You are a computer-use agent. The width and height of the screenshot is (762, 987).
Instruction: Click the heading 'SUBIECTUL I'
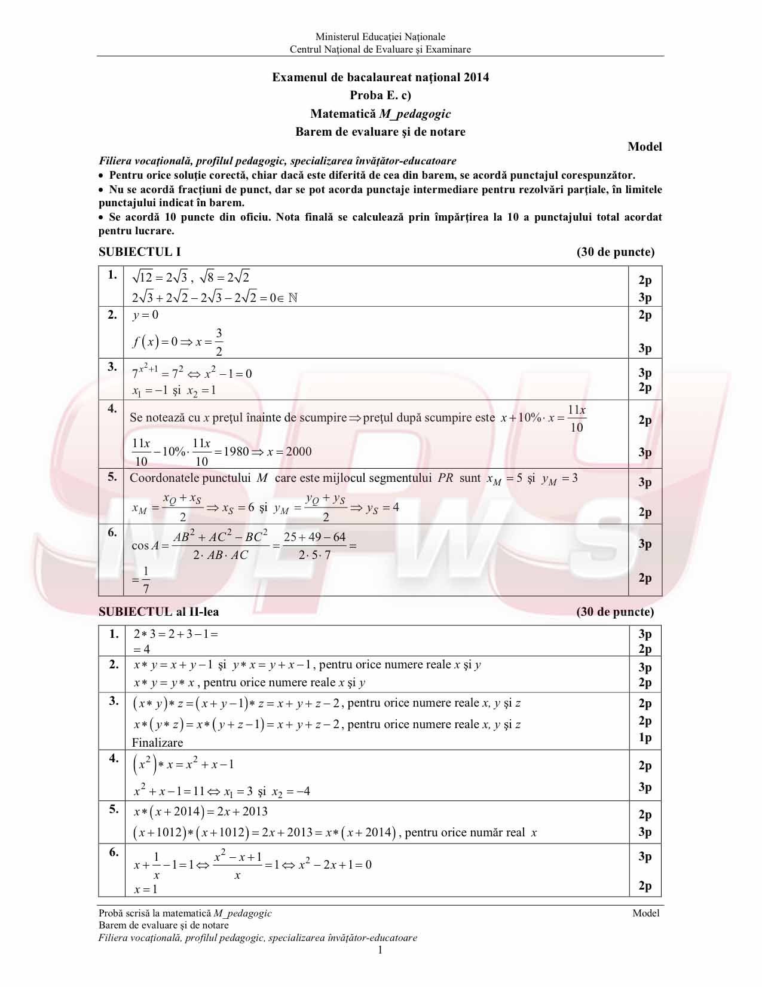[139, 252]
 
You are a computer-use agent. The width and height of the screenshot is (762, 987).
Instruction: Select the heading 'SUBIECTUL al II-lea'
[158, 612]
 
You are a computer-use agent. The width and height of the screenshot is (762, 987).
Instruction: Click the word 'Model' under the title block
[644, 146]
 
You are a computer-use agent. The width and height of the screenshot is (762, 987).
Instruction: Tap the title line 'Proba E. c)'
[380, 95]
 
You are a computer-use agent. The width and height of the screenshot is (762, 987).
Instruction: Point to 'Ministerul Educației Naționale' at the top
[380, 37]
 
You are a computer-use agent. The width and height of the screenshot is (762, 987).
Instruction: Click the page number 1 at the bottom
[380, 950]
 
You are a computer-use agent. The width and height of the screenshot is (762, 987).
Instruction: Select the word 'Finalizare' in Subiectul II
[157, 742]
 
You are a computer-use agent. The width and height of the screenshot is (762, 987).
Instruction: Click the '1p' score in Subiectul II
[645, 737]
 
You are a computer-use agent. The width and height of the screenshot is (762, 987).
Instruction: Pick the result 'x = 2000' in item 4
[289, 451]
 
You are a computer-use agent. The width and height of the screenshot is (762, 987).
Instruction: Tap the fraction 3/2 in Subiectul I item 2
[219, 342]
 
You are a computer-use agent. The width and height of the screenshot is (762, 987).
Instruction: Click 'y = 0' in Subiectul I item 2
[145, 315]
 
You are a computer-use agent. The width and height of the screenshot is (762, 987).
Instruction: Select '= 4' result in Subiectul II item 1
[142, 649]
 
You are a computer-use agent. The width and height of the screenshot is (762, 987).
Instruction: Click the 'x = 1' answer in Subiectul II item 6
[145, 889]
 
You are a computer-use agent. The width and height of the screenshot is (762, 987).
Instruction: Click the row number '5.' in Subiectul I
[112, 476]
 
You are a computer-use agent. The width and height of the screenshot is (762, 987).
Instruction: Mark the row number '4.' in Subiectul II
[114, 758]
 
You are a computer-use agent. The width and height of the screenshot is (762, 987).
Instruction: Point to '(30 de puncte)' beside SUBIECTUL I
[615, 252]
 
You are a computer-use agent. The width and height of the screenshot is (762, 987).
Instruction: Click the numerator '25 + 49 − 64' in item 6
[314, 537]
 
